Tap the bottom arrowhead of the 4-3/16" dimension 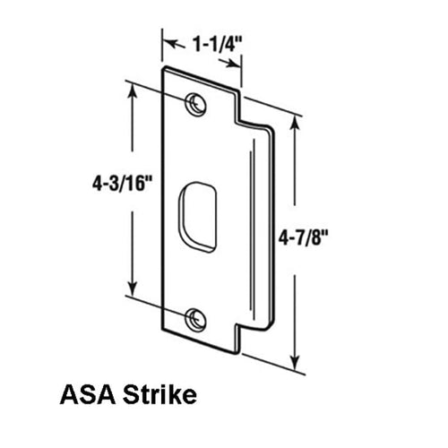click(134, 295)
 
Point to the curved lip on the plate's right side click(265, 224)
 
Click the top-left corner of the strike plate click(163, 68)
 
